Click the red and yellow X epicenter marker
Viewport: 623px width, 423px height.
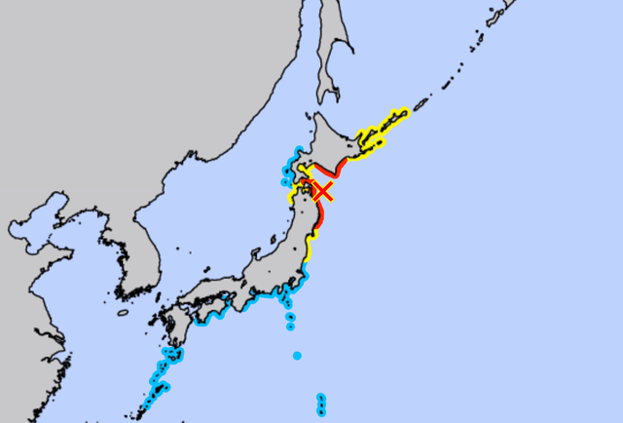[x=322, y=190]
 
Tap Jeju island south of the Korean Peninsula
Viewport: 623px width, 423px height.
[x=123, y=314]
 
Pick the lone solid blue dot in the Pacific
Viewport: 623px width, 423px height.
[x=297, y=356]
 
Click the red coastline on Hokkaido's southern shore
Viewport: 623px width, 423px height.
[x=331, y=175]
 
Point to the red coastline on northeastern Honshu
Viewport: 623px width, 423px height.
[x=318, y=219]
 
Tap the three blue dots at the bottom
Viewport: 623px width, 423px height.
[x=321, y=404]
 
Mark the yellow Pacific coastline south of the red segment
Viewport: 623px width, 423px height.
[x=309, y=251]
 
